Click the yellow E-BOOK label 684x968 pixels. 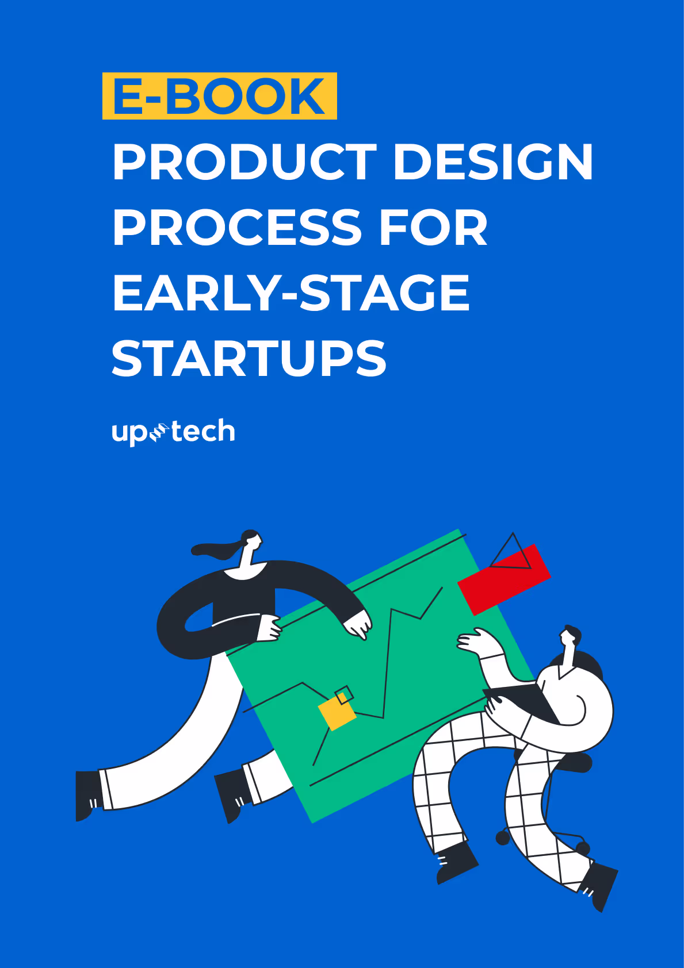pyautogui.click(x=219, y=96)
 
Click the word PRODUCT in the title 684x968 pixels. pyautogui.click(x=244, y=162)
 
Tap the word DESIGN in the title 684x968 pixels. pyautogui.click(x=493, y=162)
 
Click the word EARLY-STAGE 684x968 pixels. pyautogui.click(x=291, y=293)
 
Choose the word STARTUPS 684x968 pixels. pyautogui.click(x=249, y=359)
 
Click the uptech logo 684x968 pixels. pyautogui.click(x=173, y=432)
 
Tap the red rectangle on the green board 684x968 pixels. pyautogui.click(x=504, y=579)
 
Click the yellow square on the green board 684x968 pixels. pyautogui.click(x=337, y=713)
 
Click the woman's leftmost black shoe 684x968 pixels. pyautogui.click(x=88, y=795)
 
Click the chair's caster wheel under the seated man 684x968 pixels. pyautogui.click(x=503, y=838)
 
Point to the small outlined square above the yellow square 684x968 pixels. pyautogui.click(x=344, y=694)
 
